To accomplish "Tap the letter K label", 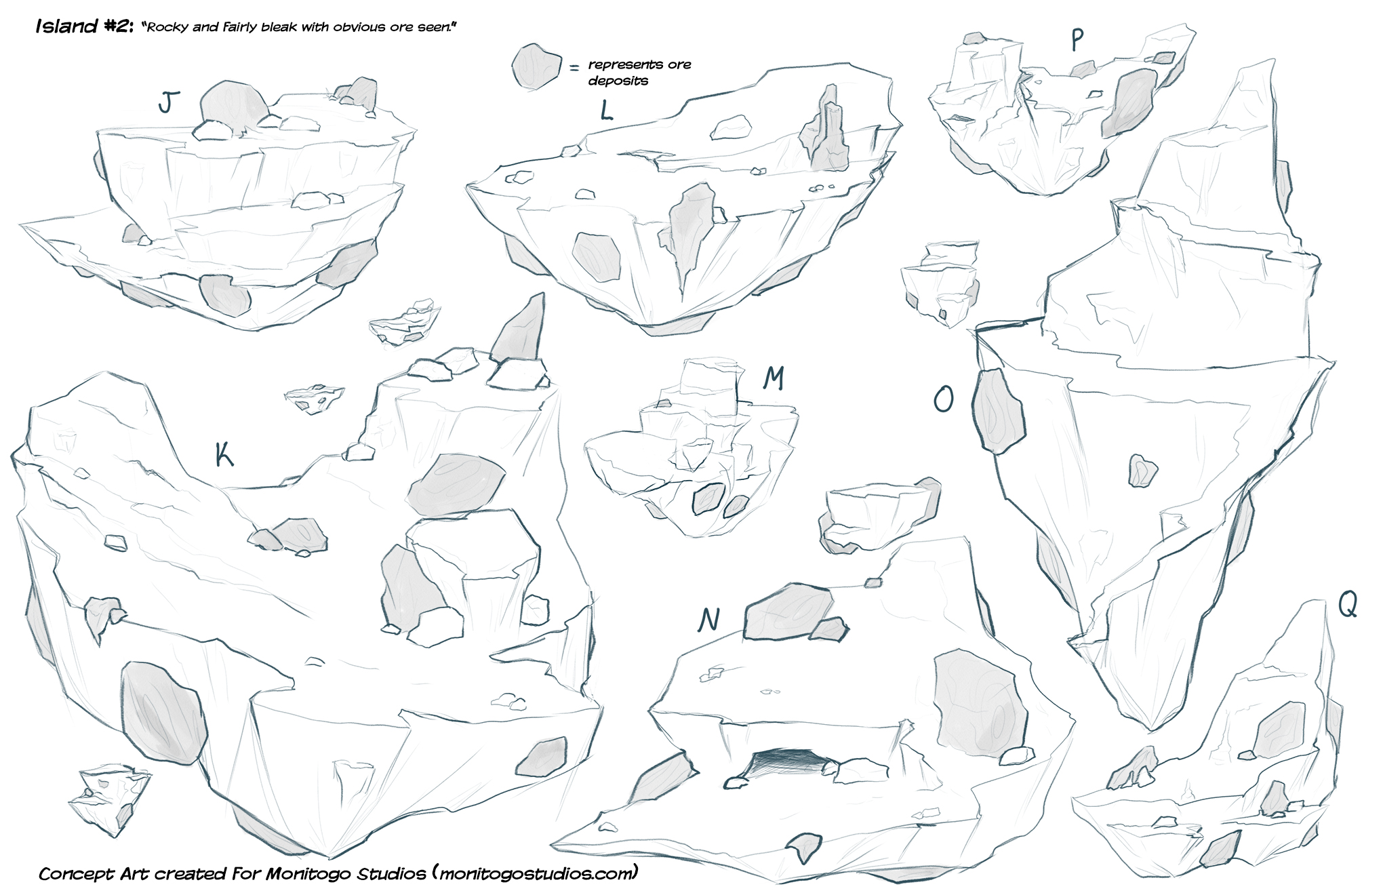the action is [x=224, y=454].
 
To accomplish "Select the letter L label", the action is [x=606, y=110].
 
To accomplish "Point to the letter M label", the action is [x=774, y=378].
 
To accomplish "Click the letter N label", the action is [x=709, y=620].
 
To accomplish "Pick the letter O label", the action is [x=944, y=399].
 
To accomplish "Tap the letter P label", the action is [x=1077, y=40].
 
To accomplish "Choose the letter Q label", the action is [x=1348, y=603].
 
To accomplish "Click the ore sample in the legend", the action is [x=536, y=66].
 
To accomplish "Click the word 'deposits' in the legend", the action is [x=618, y=81].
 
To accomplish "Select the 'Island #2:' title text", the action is [x=85, y=26].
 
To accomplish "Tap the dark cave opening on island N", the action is [x=788, y=762].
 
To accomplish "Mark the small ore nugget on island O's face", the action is [x=1143, y=471].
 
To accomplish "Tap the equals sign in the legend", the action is [x=574, y=68].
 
